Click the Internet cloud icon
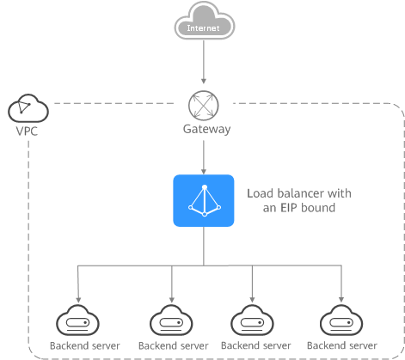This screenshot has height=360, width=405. [205, 21]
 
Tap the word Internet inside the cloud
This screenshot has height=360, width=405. [203, 28]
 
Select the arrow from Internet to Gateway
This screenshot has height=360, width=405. [204, 62]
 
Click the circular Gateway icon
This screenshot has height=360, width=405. [204, 105]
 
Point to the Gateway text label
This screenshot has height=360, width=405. [206, 129]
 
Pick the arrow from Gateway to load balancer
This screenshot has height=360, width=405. [204, 157]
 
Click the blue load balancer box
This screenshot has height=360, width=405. [204, 200]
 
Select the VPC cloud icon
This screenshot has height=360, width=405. [28, 108]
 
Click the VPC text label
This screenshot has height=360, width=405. [27, 131]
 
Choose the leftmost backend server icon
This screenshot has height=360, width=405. [77, 320]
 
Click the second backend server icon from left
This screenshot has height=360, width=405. [171, 320]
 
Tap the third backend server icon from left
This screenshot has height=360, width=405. [252, 320]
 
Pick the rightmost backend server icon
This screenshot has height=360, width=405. [341, 320]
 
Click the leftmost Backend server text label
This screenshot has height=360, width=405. [85, 345]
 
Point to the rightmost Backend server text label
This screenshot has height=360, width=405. [342, 345]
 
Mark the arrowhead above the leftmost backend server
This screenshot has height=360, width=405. [78, 300]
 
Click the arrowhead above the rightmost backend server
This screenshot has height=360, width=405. [341, 300]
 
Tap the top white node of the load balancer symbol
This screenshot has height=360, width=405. [205, 187]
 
